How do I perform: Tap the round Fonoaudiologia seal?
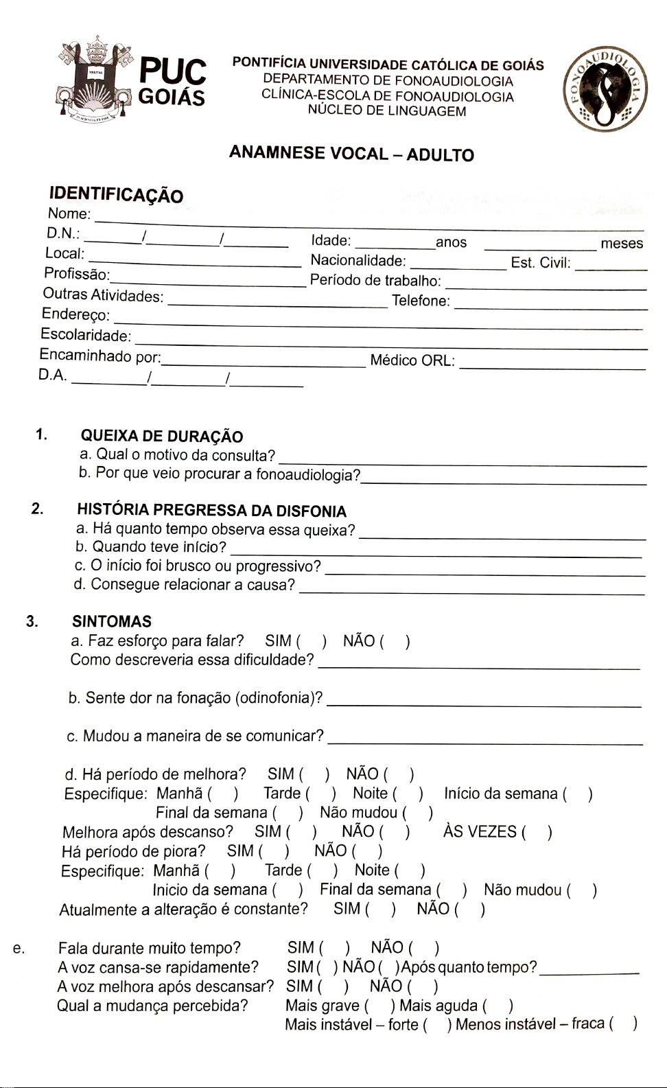605,90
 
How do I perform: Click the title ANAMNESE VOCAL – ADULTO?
351,154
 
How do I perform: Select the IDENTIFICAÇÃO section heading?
116,196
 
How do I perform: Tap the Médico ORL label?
412,360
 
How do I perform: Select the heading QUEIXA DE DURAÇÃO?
162,437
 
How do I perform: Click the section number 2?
37,509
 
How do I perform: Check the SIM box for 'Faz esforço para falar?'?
311,641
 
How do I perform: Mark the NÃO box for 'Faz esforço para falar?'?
395,642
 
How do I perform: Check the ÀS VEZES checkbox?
536,833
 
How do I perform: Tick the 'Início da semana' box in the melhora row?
577,794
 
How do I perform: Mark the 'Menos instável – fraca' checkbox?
622,1024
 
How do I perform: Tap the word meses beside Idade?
622,244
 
